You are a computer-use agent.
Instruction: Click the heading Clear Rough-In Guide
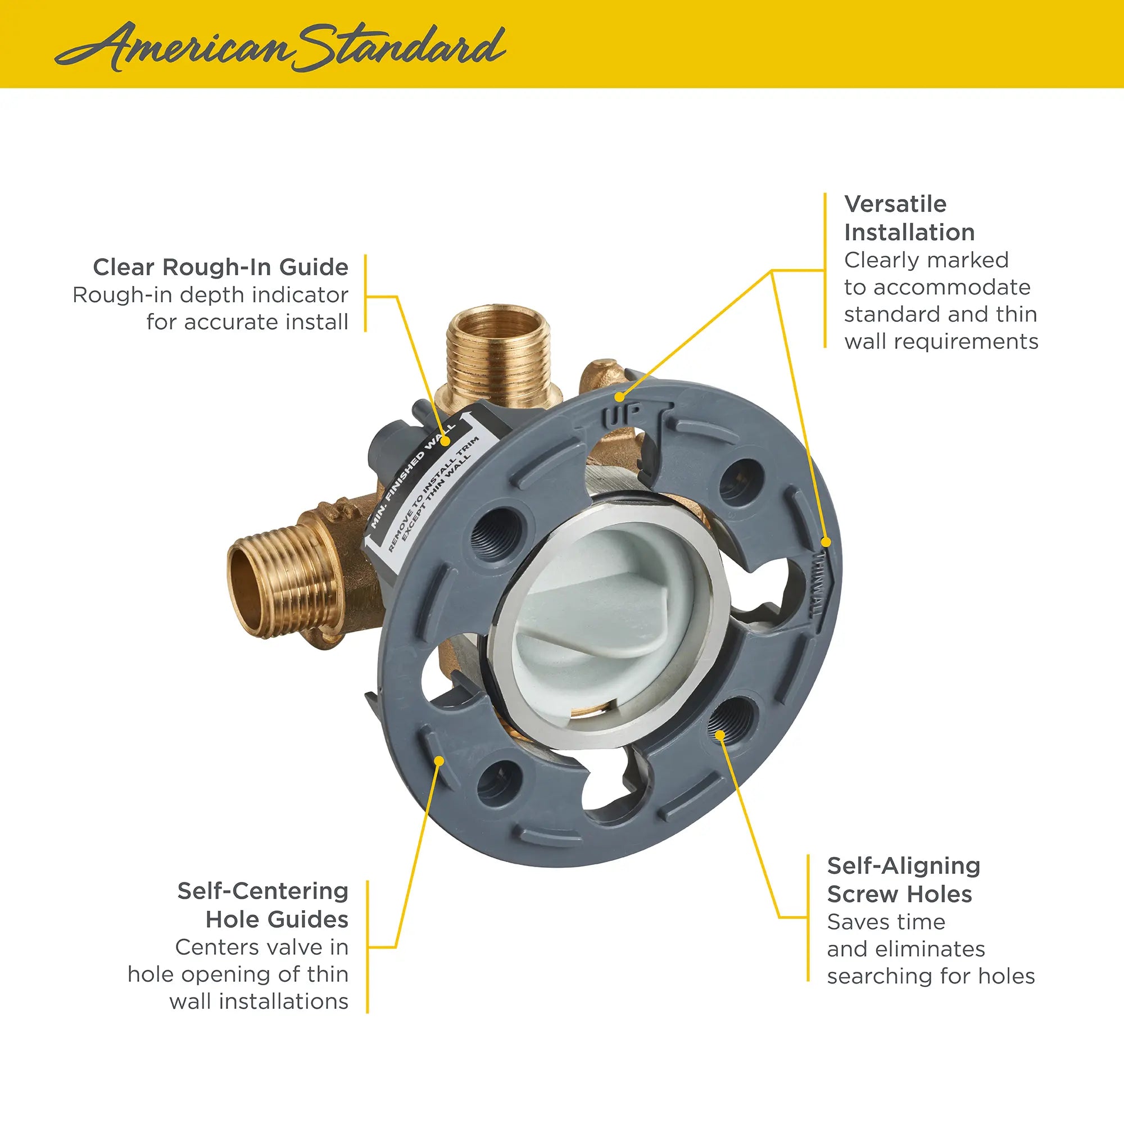coord(220,267)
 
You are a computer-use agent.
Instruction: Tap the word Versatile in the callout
coord(895,204)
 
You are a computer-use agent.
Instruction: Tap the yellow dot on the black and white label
coord(445,442)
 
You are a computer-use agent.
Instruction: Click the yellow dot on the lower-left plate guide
coord(439,760)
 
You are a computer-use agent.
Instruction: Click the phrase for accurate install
coord(247,321)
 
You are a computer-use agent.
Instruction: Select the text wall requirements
coord(941,342)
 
